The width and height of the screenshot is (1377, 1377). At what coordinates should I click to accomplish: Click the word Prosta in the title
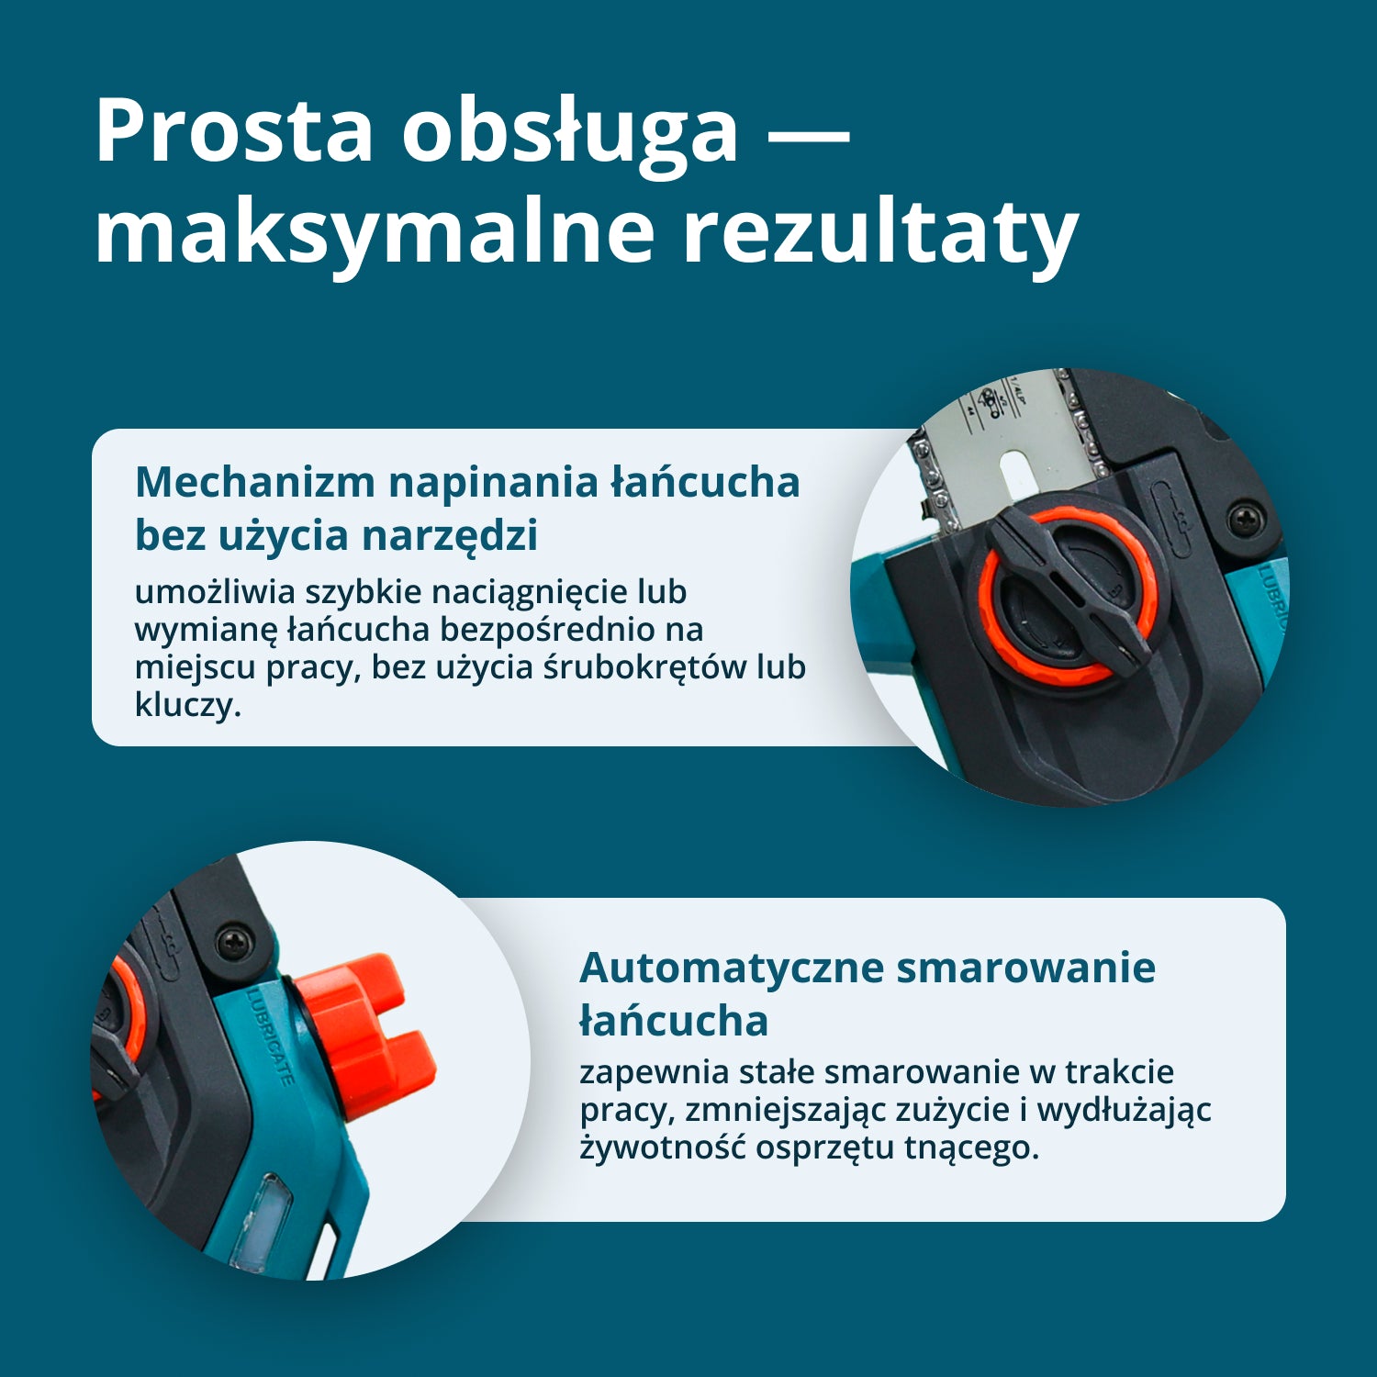point(233,131)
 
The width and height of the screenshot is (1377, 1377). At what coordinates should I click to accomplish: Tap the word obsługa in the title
point(569,131)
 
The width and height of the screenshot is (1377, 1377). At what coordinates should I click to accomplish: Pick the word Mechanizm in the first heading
point(255,482)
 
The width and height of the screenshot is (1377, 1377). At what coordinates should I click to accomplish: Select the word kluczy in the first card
point(186,704)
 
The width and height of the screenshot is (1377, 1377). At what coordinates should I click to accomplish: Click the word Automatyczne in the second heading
point(731,968)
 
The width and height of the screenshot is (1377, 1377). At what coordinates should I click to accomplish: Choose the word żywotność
point(662,1147)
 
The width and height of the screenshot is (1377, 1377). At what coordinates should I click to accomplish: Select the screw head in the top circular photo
point(1245,519)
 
